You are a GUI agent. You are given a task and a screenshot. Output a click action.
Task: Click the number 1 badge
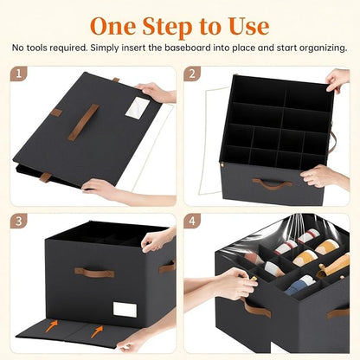(x=19, y=75)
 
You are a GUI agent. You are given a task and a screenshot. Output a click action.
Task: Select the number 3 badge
(x=19, y=222)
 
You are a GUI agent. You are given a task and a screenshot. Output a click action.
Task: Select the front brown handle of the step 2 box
(x=272, y=184)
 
